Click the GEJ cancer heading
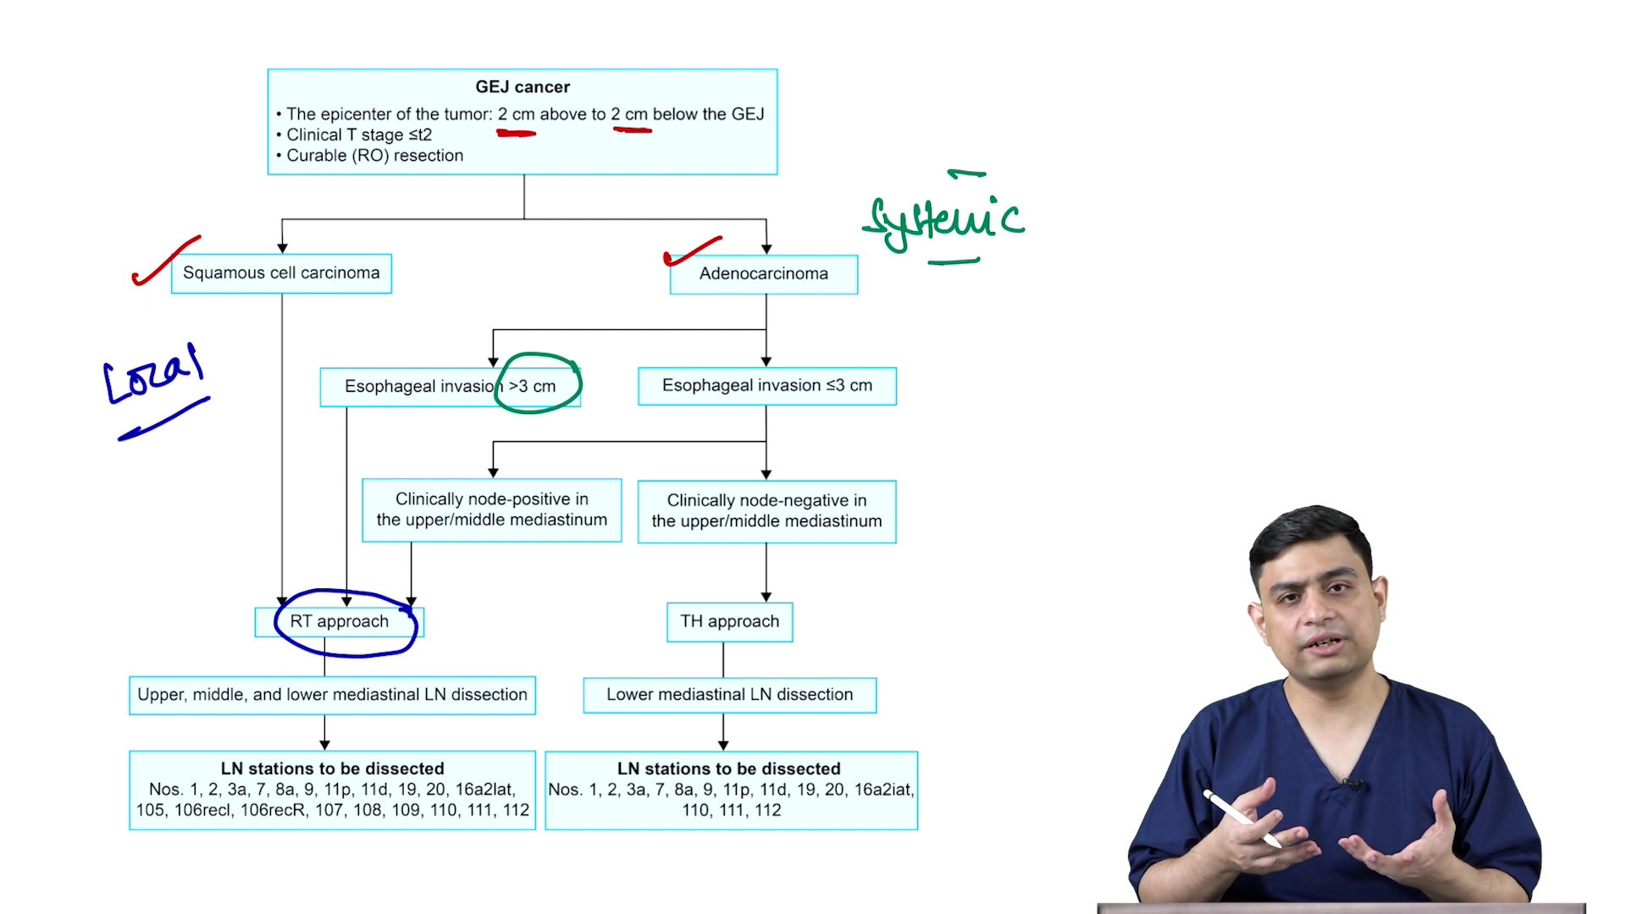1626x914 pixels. coord(523,87)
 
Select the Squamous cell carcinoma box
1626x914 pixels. coord(281,273)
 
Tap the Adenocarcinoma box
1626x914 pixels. coord(763,274)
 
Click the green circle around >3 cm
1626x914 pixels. coord(539,383)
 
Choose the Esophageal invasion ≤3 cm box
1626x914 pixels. coord(766,386)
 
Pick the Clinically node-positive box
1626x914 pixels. coord(491,509)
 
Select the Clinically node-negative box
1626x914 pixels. coord(766,511)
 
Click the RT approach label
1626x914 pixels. coord(339,622)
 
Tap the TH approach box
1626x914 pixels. coord(729,622)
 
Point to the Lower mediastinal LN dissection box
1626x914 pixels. coord(729,695)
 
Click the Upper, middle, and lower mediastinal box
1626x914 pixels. coord(332,695)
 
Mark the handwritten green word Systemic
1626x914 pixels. coord(944,220)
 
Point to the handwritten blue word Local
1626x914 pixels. coord(152,375)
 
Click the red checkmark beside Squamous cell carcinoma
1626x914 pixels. coord(165,262)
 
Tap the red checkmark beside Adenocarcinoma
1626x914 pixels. coord(692,251)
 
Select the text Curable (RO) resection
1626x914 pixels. coord(374,156)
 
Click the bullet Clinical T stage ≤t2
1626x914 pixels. coord(358,135)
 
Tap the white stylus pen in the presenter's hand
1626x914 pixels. coord(1242,818)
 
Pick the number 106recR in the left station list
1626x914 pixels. coord(272,811)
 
